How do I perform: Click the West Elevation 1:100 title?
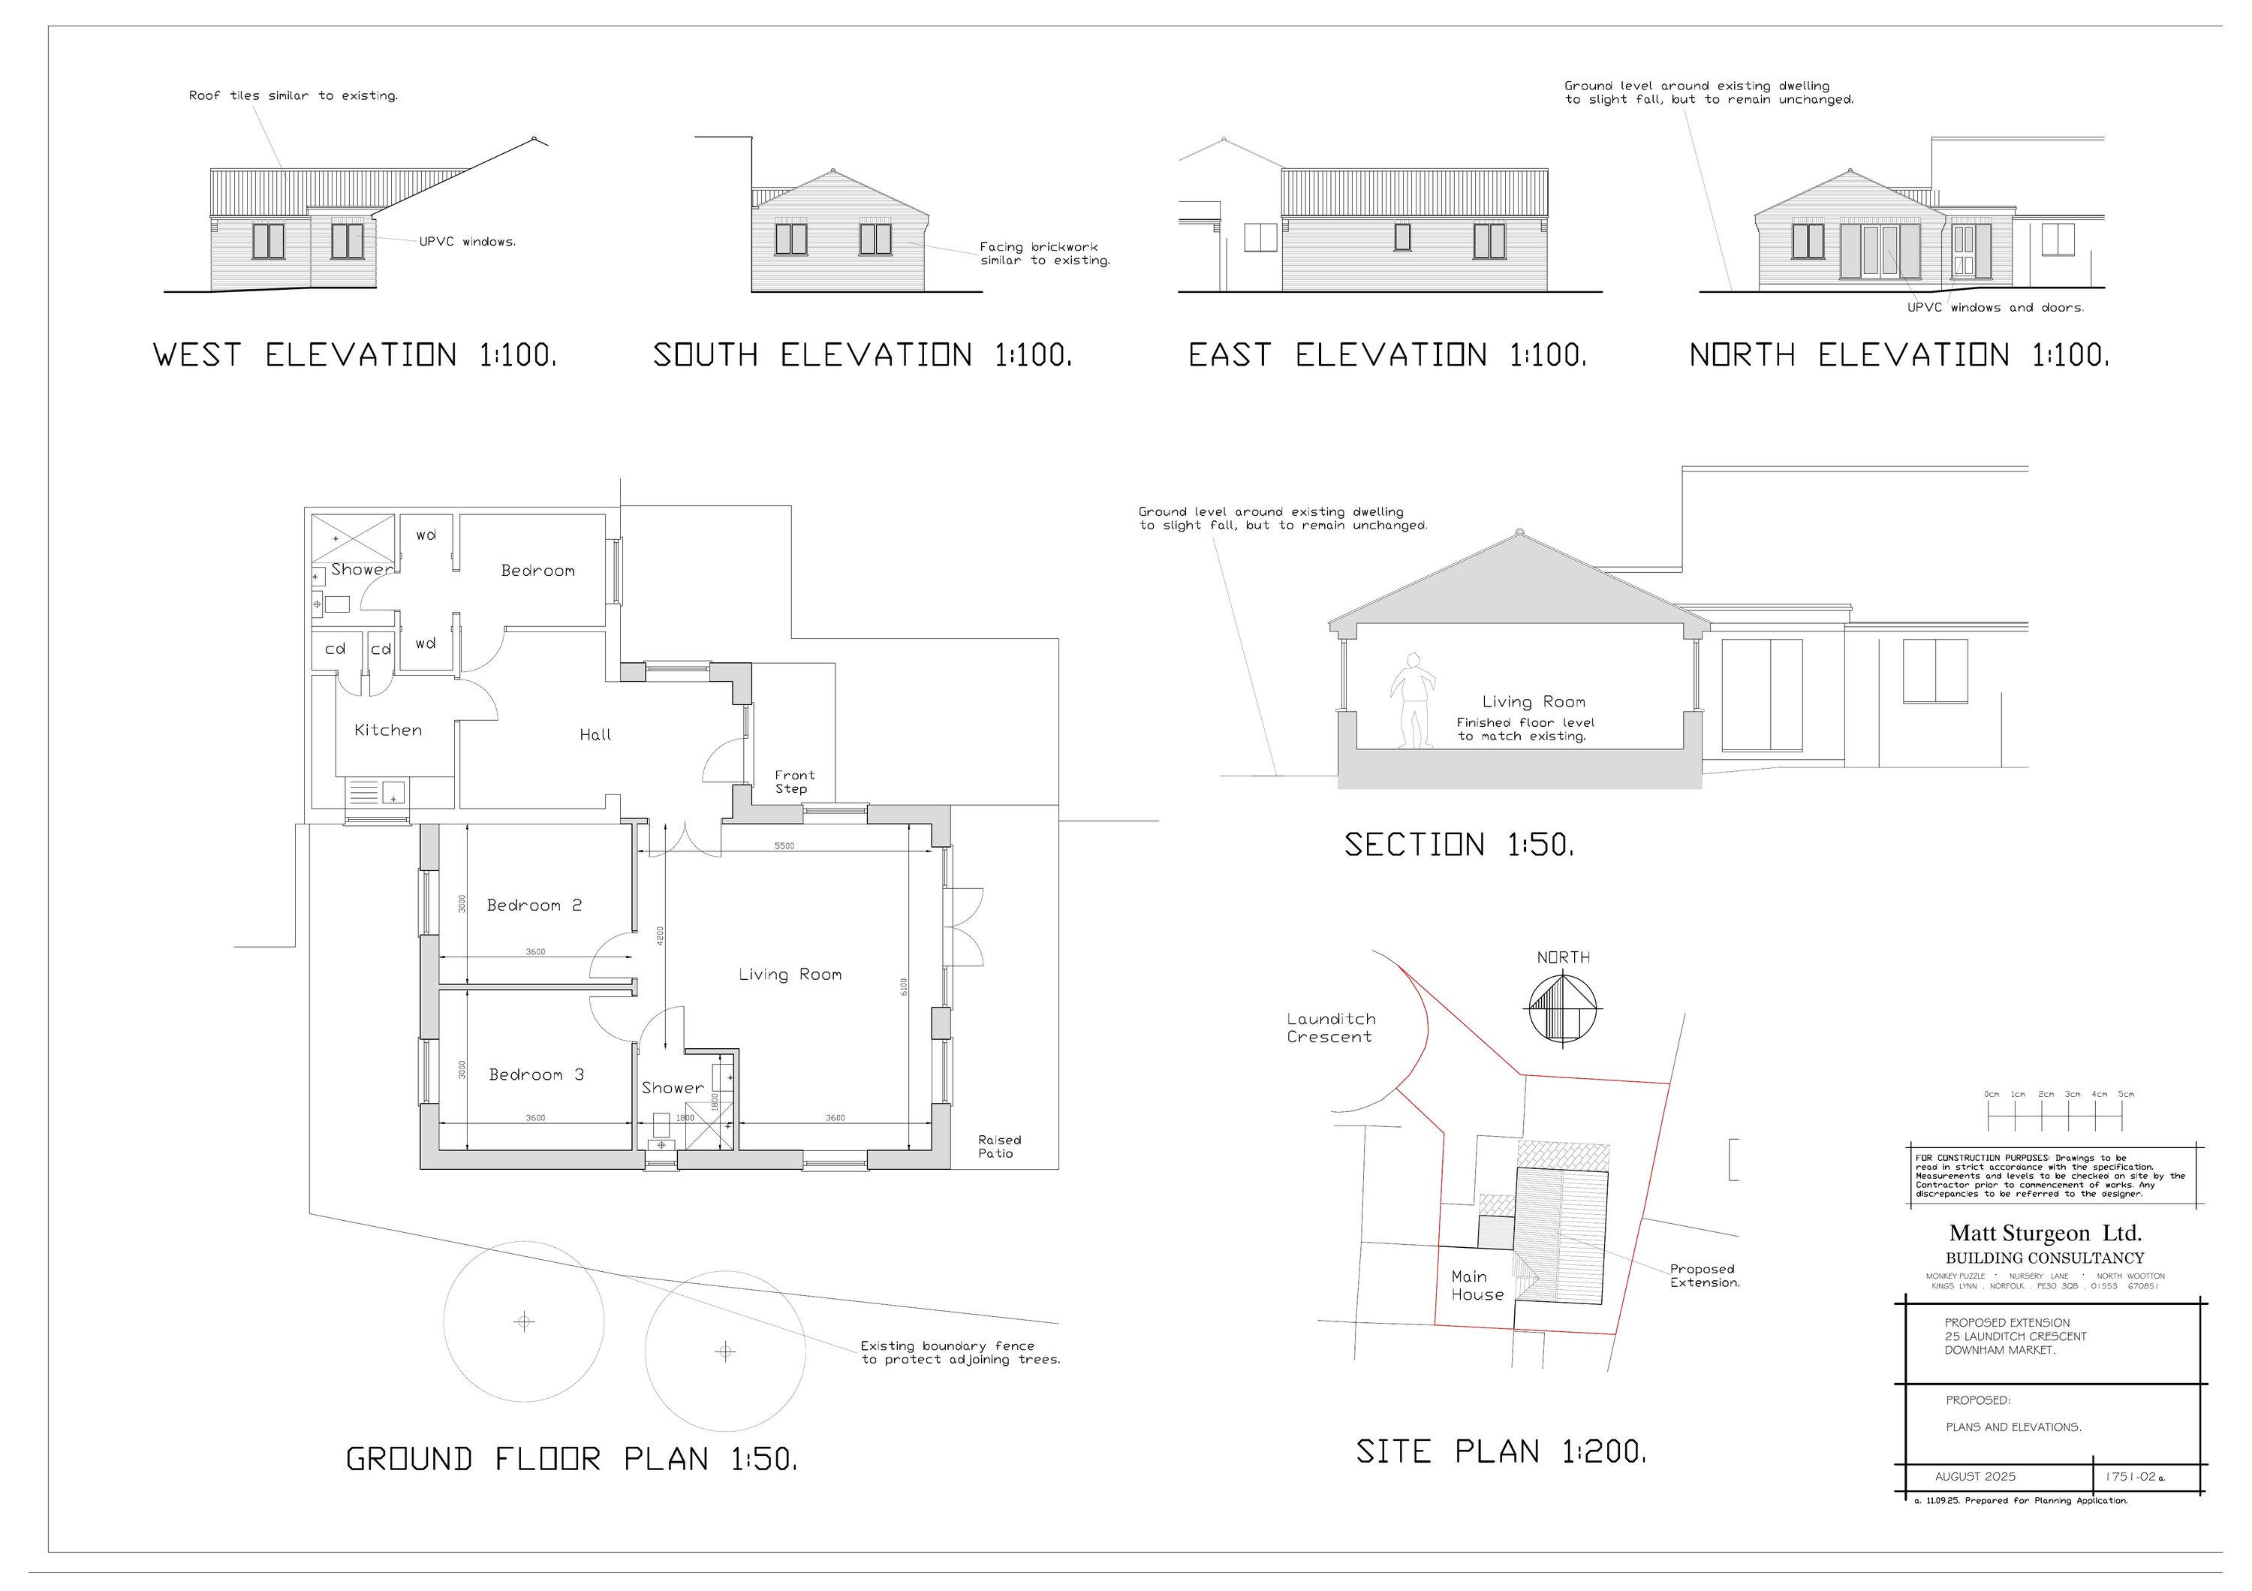[355, 355]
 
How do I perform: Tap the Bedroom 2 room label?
[534, 905]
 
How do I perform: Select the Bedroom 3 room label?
[537, 1075]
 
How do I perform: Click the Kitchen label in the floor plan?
[388, 730]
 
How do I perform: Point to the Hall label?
[595, 735]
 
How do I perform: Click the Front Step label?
[793, 782]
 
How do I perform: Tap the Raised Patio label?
[998, 1147]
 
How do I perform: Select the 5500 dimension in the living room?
[784, 845]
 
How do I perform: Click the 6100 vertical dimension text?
[905, 987]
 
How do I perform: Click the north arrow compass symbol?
[1564, 1008]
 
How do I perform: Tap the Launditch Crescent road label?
[1331, 1028]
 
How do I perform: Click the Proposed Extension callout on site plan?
[1705, 1276]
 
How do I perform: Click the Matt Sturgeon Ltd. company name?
[2045, 1234]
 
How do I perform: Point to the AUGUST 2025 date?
[1976, 1476]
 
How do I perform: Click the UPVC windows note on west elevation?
[467, 241]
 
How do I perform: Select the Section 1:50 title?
[1459, 845]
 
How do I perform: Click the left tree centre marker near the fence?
[524, 1322]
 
